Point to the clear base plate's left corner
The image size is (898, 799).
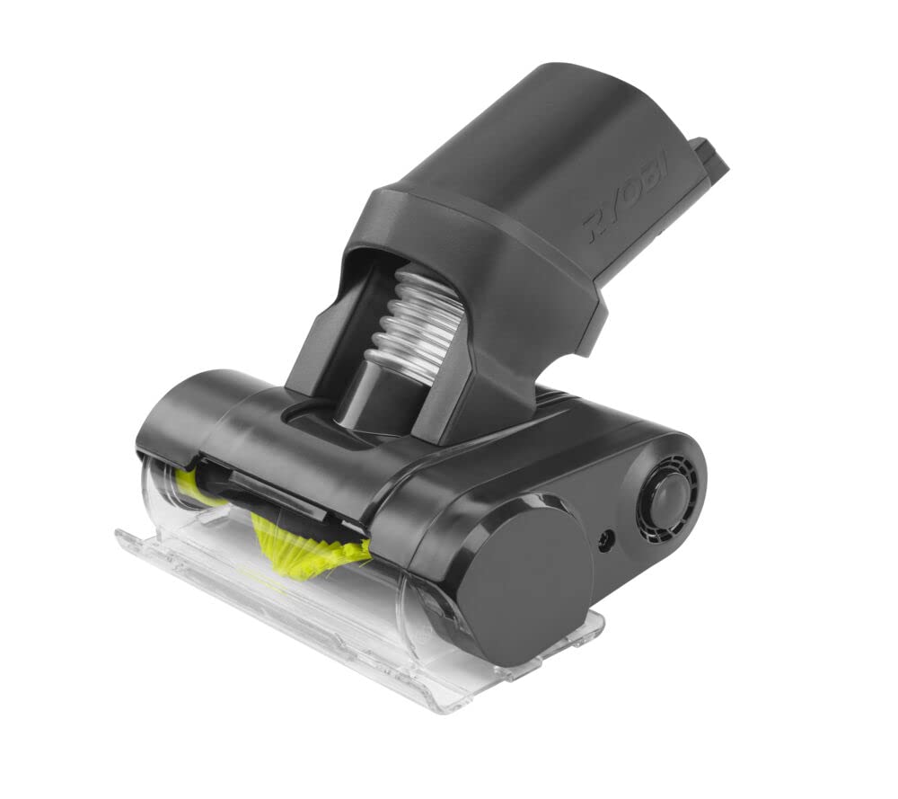click(x=126, y=539)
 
